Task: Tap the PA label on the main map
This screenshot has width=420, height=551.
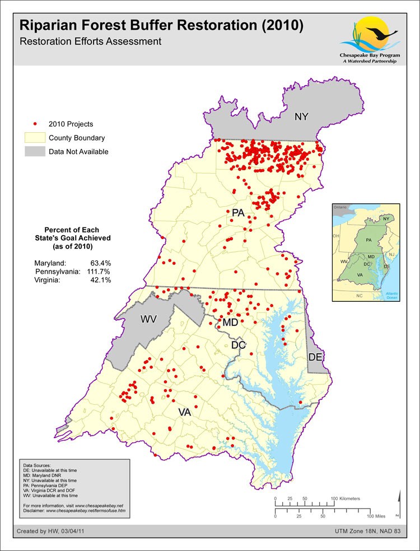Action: click(x=239, y=213)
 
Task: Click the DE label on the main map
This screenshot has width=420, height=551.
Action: click(x=315, y=357)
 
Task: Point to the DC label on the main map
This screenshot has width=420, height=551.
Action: click(x=239, y=345)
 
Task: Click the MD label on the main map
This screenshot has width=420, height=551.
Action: click(x=230, y=323)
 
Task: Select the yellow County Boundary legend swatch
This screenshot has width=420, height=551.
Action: click(x=34, y=138)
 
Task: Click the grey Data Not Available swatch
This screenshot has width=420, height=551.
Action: click(x=34, y=152)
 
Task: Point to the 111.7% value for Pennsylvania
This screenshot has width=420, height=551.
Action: click(x=99, y=272)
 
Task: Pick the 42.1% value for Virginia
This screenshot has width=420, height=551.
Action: click(x=101, y=281)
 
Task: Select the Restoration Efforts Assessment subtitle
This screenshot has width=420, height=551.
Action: click(x=90, y=41)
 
